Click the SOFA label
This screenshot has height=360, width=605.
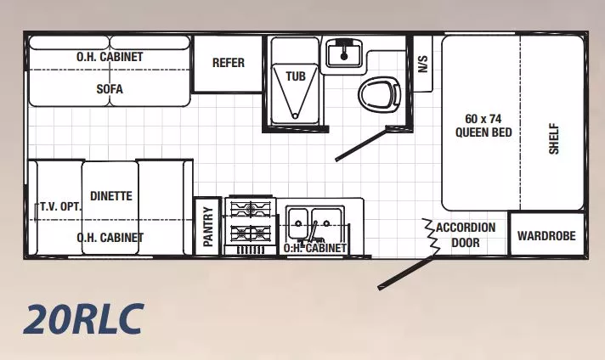pyautogui.click(x=109, y=88)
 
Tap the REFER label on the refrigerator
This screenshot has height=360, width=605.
pyautogui.click(x=228, y=63)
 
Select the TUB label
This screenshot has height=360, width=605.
pyautogui.click(x=295, y=76)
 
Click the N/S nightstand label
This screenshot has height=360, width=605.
pyautogui.click(x=422, y=62)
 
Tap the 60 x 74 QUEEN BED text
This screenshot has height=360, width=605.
pyautogui.click(x=482, y=125)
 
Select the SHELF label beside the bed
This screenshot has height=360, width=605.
pyautogui.click(x=553, y=138)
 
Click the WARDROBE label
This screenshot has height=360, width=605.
pyautogui.click(x=546, y=236)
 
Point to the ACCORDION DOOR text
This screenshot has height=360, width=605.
pyautogui.click(x=465, y=235)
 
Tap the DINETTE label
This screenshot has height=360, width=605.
pyautogui.click(x=110, y=196)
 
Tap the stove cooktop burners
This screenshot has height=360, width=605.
pyautogui.click(x=252, y=221)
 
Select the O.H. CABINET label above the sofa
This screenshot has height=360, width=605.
pyautogui.click(x=109, y=57)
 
